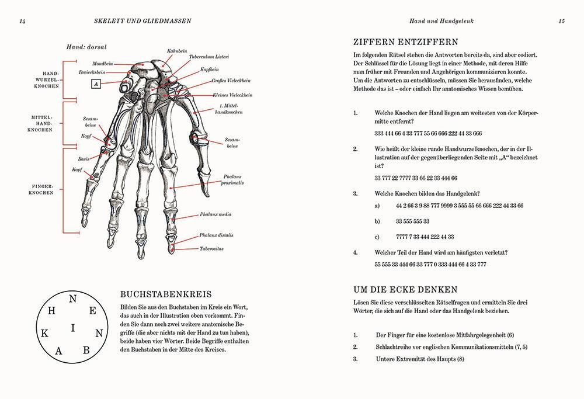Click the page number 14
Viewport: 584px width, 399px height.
22,21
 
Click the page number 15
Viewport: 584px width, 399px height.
561,21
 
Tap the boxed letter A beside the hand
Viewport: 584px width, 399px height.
97,84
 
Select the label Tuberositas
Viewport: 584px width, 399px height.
212,249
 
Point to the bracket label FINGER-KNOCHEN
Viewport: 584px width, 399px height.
42,188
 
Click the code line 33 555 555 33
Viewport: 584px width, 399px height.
412,221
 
